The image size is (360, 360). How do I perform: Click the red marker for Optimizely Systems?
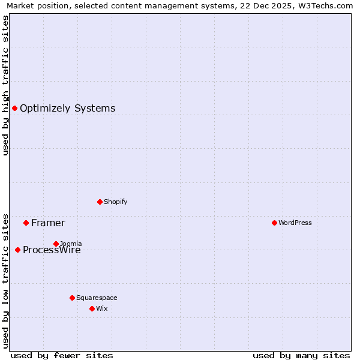(x=14, y=108)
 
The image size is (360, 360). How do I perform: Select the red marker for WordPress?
(x=274, y=223)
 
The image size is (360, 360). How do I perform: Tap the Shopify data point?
(x=100, y=202)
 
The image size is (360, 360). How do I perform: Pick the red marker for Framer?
(x=26, y=223)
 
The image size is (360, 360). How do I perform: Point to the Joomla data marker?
(x=56, y=244)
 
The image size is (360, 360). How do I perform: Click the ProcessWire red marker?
(x=17, y=250)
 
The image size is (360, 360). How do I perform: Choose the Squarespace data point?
(x=72, y=298)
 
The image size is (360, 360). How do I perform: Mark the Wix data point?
(x=92, y=308)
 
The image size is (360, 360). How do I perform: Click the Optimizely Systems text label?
(x=67, y=109)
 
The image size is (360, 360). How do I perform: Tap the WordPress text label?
(x=295, y=223)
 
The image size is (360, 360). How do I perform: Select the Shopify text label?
(x=116, y=202)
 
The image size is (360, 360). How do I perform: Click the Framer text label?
(x=48, y=223)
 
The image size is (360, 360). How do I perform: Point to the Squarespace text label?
(x=97, y=298)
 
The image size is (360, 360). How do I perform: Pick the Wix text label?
(x=102, y=309)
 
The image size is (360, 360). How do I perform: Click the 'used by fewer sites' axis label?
(x=62, y=355)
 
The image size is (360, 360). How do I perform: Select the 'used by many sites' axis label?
(x=301, y=355)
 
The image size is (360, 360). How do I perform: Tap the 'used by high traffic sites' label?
(x=6, y=85)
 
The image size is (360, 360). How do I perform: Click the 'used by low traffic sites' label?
(x=6, y=280)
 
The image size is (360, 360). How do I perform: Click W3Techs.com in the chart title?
(x=328, y=6)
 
